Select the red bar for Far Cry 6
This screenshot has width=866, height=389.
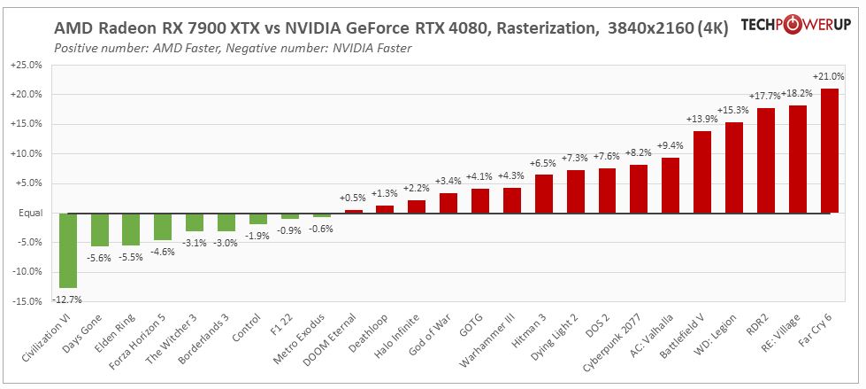829,152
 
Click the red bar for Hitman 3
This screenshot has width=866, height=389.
544,193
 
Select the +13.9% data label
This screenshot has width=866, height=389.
702,119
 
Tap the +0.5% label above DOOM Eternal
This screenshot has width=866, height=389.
354,198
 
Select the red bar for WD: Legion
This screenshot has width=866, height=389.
734,167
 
